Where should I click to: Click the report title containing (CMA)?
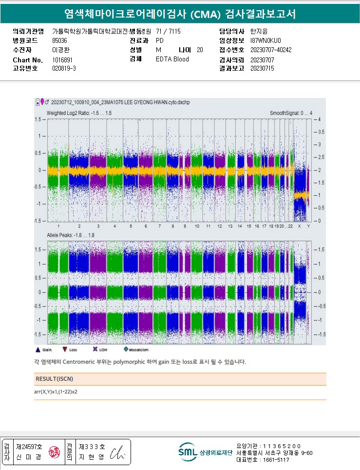180,14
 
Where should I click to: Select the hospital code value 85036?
59,40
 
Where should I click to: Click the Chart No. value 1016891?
62,59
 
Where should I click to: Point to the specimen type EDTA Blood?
172,59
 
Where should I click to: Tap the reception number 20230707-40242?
270,50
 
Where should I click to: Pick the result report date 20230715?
262,69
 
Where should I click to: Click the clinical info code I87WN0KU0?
265,40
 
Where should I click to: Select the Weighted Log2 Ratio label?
79,113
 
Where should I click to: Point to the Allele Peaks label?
70,235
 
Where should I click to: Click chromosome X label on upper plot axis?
299,226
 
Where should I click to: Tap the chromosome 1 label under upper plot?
58,226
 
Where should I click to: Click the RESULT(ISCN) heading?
55,378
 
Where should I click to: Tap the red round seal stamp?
52,452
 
